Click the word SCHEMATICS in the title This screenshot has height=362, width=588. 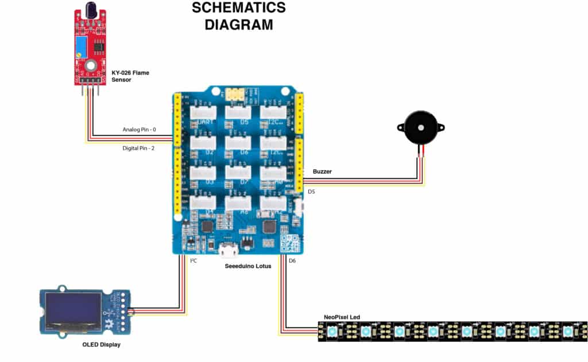coord(238,8)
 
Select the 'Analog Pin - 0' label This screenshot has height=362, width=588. coord(139,130)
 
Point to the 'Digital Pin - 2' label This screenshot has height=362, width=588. coord(139,148)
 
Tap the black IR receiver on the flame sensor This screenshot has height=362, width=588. coord(91,10)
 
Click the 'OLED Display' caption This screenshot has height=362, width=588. coord(101,345)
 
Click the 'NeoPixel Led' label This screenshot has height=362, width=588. coord(342,317)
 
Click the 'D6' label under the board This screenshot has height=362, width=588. coord(292,261)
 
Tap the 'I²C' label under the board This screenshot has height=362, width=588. coord(194,261)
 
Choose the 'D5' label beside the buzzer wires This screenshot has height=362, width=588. coord(311,192)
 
